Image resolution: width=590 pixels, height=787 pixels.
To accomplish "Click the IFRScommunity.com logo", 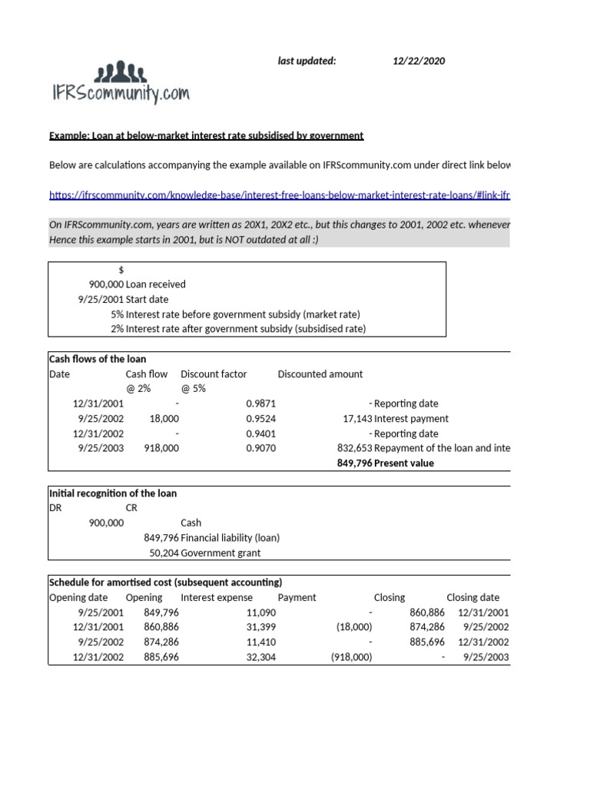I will pos(119,84).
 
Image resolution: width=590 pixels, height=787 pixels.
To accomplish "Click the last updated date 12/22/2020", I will pos(419,61).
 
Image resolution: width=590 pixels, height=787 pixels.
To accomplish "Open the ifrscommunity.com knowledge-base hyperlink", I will pos(279,195).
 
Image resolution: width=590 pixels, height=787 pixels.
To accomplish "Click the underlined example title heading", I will pos(206,135).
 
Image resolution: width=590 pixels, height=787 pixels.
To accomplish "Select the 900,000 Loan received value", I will pos(106,284).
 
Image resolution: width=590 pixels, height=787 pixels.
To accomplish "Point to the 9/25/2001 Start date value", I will pos(101,299).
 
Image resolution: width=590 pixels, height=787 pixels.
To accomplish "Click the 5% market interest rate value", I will pos(117,314).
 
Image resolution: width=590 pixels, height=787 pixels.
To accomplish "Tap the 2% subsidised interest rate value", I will pos(117,329).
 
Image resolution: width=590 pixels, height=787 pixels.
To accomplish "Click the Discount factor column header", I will pos(214,374).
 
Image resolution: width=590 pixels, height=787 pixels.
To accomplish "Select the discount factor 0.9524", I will pos(260,419).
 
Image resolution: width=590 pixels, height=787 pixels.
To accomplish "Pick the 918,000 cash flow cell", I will pos(161,448).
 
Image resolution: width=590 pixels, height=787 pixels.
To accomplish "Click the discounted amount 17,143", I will pos(356,419).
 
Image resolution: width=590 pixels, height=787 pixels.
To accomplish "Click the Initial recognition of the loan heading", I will pos(113,493).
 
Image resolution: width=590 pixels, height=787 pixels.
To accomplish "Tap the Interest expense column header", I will pos(216,597).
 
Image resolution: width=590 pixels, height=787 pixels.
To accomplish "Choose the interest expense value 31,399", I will pos(260,627).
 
